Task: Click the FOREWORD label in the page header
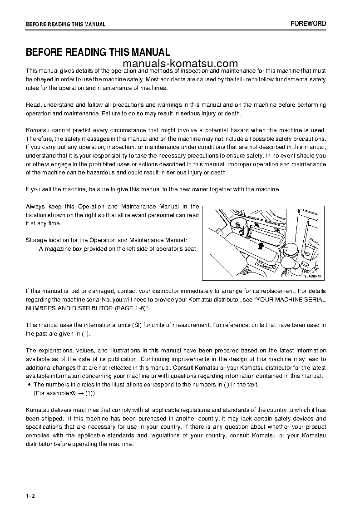308,24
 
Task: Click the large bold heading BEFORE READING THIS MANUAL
98,52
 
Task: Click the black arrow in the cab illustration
260,246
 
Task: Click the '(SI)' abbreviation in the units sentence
138,325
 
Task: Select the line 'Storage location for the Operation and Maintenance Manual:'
106,240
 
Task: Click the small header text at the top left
65,25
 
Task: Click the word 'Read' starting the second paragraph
33,105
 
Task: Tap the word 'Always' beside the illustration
35,207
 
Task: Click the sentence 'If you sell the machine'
153,189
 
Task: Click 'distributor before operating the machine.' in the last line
80,444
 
